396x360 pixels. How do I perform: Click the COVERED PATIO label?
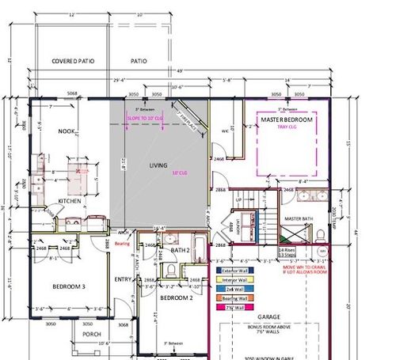pos(74,60)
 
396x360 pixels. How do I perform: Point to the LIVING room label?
pos(158,165)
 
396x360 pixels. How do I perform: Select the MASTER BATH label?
pos(300,218)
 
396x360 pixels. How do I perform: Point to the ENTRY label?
pos(123,279)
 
